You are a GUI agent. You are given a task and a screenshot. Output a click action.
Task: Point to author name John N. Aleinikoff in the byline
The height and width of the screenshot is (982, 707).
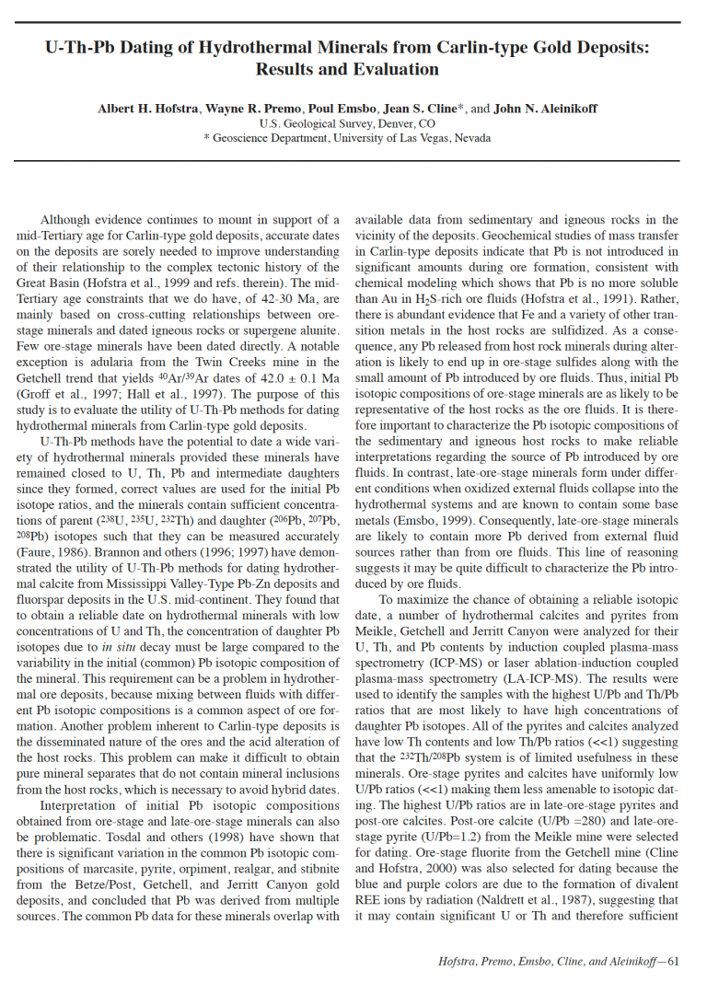545,109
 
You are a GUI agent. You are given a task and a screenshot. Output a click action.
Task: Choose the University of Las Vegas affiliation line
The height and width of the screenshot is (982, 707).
353,138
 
